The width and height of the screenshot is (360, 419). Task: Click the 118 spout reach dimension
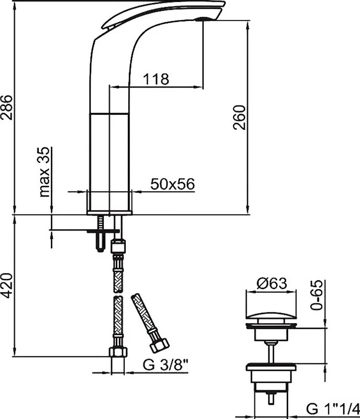tap(156, 79)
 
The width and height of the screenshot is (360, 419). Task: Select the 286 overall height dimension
tap(7, 107)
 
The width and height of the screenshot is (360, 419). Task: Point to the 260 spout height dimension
tap(239, 117)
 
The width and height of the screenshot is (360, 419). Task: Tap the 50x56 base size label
tap(172, 184)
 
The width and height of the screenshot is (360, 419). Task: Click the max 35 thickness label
tap(45, 172)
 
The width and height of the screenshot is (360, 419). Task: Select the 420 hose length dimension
tap(7, 285)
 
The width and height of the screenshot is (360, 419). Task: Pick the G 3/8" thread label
tap(166, 365)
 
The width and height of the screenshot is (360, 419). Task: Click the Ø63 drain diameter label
tap(272, 283)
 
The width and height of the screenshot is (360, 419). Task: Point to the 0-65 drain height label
tap(317, 295)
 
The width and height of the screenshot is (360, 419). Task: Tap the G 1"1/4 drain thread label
tap(333, 409)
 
